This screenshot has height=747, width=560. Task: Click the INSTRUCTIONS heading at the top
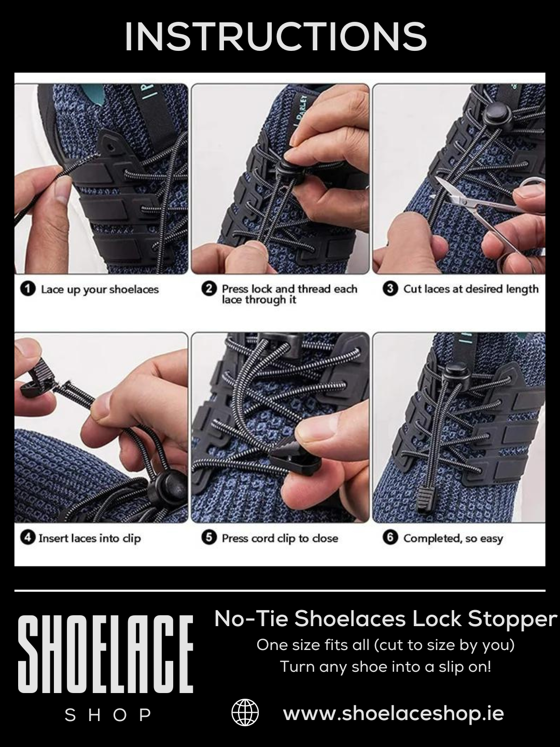point(275,37)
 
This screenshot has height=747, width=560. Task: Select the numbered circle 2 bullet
point(208,289)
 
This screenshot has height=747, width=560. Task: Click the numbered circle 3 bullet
point(390,289)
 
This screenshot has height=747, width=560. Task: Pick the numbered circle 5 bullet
point(208,538)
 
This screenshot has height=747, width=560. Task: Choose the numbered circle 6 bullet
point(390,538)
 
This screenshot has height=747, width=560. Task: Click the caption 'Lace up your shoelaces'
point(100,289)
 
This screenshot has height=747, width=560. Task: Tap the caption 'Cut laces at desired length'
point(471,289)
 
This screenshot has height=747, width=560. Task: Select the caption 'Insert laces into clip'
point(89,538)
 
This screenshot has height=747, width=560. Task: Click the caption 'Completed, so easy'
point(453,538)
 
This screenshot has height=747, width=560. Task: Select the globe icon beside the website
point(245,713)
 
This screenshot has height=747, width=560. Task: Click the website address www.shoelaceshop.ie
point(393,713)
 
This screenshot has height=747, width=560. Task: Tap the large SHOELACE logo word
point(106,655)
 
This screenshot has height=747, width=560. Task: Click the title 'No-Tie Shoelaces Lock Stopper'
point(385,618)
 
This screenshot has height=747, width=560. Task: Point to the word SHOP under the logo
point(108,715)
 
